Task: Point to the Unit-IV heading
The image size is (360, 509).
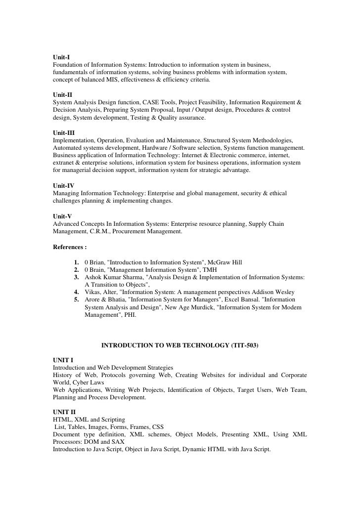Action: click(63, 185)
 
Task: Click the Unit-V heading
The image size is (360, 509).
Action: click(62, 216)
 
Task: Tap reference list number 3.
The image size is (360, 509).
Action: click(77, 278)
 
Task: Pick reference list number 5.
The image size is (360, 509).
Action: click(77, 299)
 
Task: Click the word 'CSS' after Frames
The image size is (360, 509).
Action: click(157, 427)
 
